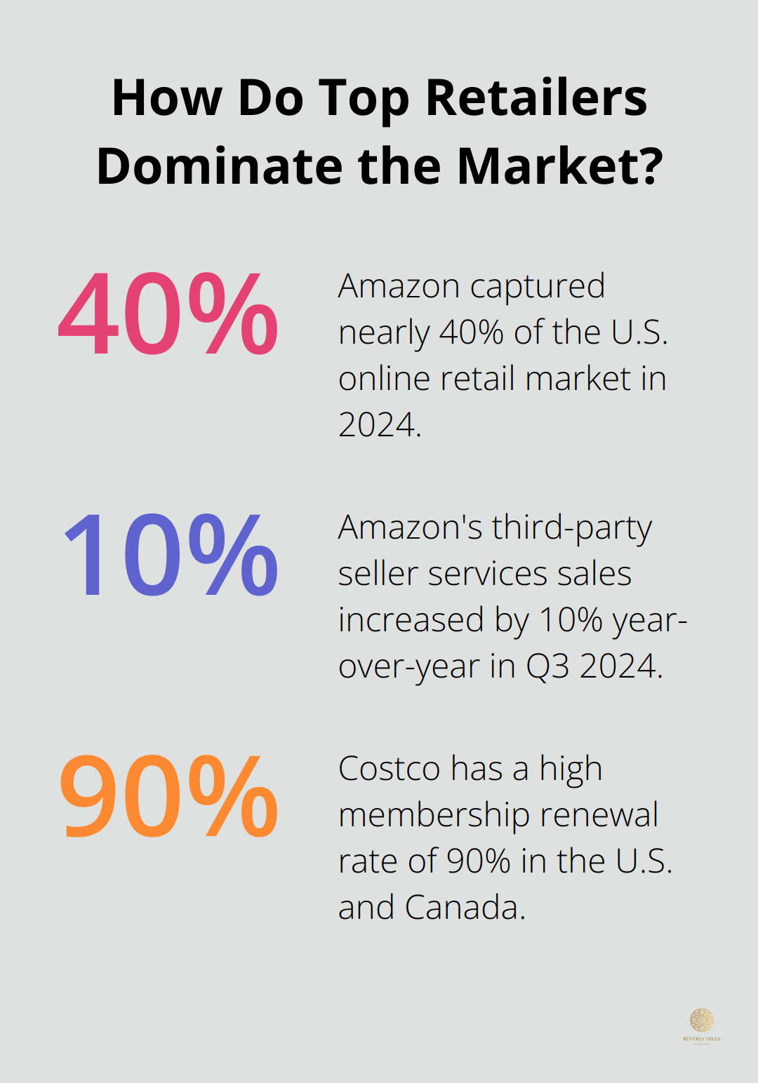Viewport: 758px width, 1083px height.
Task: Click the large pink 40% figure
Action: coord(168,314)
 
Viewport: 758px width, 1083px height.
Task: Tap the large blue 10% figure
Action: coord(171,555)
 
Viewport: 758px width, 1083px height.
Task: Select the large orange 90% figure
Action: coord(168,797)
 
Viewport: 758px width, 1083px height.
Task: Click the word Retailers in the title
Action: coord(536,97)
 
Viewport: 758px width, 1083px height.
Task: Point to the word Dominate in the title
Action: coord(220,166)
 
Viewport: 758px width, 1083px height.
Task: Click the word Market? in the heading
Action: coord(559,166)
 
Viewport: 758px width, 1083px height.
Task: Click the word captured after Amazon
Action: coord(537,287)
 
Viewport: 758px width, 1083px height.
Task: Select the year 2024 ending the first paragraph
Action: coord(379,424)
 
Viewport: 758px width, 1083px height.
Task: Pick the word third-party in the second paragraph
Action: coord(572,528)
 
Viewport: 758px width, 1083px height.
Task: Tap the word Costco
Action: coord(390,768)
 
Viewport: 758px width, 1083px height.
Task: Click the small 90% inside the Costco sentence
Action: coord(478,861)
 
